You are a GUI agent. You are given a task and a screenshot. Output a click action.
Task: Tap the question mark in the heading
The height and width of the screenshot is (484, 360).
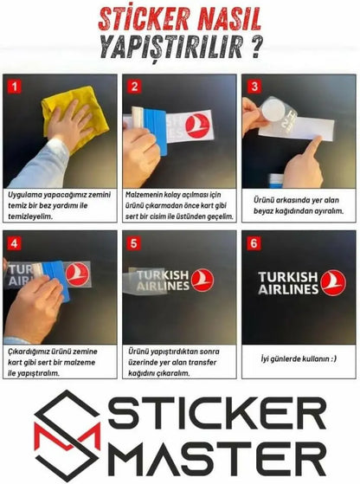(x=254, y=46)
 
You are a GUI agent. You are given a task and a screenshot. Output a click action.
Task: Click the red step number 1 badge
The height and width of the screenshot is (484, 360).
(x=13, y=87)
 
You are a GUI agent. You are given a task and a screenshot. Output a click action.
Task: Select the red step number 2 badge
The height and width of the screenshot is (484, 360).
(x=133, y=87)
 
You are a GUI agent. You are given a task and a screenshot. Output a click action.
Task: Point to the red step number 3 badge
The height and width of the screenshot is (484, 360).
(x=254, y=87)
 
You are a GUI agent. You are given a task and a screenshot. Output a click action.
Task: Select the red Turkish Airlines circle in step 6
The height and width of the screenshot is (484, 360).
(x=332, y=282)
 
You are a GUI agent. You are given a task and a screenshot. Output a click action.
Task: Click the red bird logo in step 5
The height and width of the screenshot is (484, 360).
(x=202, y=279)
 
